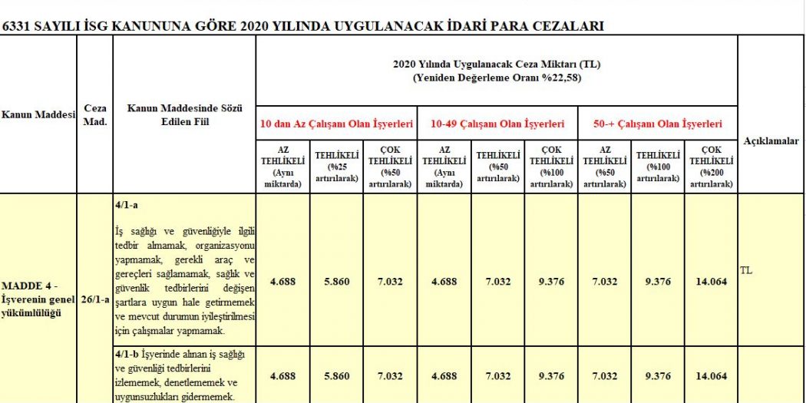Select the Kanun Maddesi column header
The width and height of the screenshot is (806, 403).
pyautogui.click(x=38, y=115)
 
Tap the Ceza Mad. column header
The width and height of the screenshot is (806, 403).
pyautogui.click(x=95, y=115)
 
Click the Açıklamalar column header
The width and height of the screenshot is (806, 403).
pyautogui.click(x=771, y=141)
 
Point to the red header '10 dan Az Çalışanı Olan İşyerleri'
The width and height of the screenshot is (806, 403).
pyautogui.click(x=336, y=124)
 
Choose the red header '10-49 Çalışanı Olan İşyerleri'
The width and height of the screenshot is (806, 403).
pyautogui.click(x=497, y=124)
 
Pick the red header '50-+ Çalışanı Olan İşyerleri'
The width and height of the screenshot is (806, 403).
pyautogui.click(x=658, y=124)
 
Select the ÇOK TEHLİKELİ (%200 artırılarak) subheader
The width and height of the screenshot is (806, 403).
pyautogui.click(x=711, y=167)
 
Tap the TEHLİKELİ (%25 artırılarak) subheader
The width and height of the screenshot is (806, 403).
pyautogui.click(x=336, y=167)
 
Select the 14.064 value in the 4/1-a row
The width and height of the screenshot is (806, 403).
pyautogui.click(x=711, y=282)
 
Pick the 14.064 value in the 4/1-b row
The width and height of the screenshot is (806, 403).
pyautogui.click(x=711, y=376)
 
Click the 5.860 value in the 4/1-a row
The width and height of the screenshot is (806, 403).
pyautogui.click(x=336, y=282)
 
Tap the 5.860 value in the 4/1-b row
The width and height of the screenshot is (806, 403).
pyautogui.click(x=336, y=376)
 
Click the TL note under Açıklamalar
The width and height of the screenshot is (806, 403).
pyautogui.click(x=746, y=270)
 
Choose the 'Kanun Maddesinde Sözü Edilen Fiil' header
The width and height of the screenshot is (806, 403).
pyautogui.click(x=184, y=115)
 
